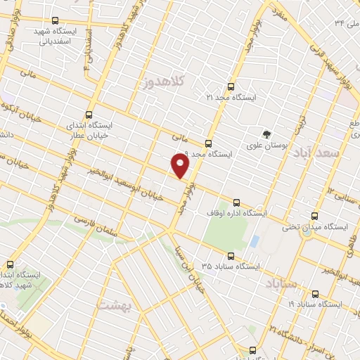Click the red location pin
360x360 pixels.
coord(181,166)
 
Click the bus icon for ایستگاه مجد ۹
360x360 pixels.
coord(207,143)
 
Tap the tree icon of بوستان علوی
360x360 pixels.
coord(266,134)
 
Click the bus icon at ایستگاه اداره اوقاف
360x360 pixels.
coord(236,201)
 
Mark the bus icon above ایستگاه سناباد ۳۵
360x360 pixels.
coord(230,256)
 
